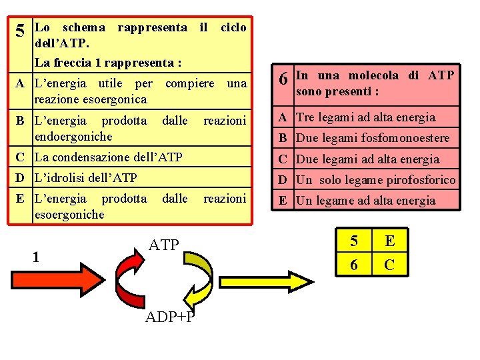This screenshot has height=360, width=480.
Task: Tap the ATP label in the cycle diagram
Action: tap(163, 245)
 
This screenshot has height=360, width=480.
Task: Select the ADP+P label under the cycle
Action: tap(170, 315)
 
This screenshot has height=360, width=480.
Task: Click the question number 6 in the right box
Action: tap(284, 79)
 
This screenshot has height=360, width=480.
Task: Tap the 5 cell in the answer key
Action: tap(353, 239)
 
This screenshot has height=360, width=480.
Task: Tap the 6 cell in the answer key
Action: tap(353, 265)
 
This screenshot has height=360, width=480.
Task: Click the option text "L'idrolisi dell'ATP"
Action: tap(85, 178)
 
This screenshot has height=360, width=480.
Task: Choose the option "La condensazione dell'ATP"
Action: tap(107, 158)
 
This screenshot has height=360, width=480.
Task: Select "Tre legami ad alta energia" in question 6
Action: tap(365, 117)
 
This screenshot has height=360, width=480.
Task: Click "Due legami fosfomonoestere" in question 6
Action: tap(373, 139)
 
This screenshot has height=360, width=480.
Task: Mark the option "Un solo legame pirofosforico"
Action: tap(375, 179)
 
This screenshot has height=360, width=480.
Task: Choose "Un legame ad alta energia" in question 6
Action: tap(365, 201)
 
